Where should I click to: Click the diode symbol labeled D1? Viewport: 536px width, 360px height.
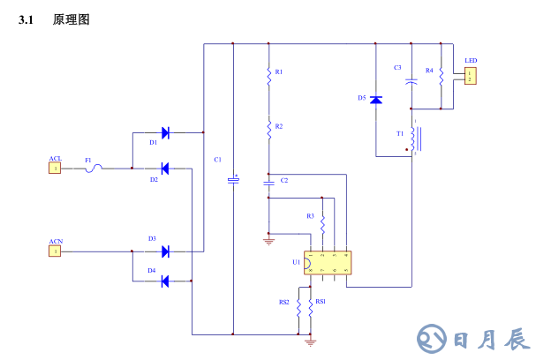[165, 133]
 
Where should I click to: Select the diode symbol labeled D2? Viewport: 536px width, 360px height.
[165, 168]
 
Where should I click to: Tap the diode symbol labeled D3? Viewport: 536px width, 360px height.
[165, 251]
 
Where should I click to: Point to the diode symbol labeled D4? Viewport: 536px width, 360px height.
[165, 281]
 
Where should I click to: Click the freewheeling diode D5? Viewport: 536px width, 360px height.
[376, 100]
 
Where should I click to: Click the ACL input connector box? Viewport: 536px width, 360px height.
[55, 168]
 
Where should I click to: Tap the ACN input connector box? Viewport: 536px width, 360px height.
[55, 251]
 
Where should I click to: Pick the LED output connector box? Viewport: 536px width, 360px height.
[471, 75]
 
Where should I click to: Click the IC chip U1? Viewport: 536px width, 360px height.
[328, 263]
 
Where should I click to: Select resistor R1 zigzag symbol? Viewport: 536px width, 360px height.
[268, 78]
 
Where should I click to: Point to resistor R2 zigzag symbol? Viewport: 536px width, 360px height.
[268, 130]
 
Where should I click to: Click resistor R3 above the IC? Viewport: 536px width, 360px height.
[322, 223]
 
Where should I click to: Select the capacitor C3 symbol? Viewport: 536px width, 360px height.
[411, 81]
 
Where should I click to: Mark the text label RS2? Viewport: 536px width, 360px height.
[284, 303]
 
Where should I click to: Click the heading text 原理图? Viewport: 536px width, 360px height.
[72, 19]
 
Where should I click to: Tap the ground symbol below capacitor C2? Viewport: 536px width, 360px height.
[268, 238]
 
